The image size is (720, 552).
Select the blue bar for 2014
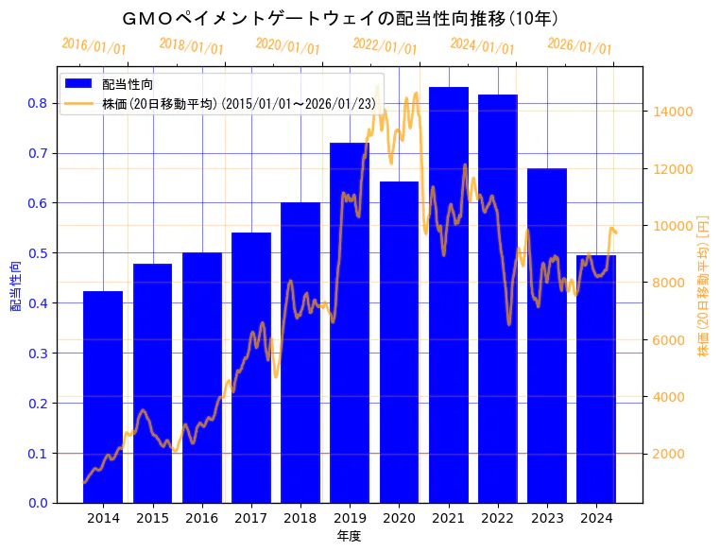(x=103, y=397)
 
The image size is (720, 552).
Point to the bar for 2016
(x=201, y=378)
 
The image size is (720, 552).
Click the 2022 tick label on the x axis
(x=497, y=518)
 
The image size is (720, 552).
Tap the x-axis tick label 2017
(x=250, y=518)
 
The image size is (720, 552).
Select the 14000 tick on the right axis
(x=675, y=112)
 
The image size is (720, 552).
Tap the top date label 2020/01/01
(x=288, y=46)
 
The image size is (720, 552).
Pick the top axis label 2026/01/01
(x=579, y=46)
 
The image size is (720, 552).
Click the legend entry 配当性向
(x=128, y=85)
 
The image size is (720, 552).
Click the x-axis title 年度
(x=349, y=536)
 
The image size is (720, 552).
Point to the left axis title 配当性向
(x=16, y=286)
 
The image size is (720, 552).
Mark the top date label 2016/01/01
(x=94, y=46)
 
